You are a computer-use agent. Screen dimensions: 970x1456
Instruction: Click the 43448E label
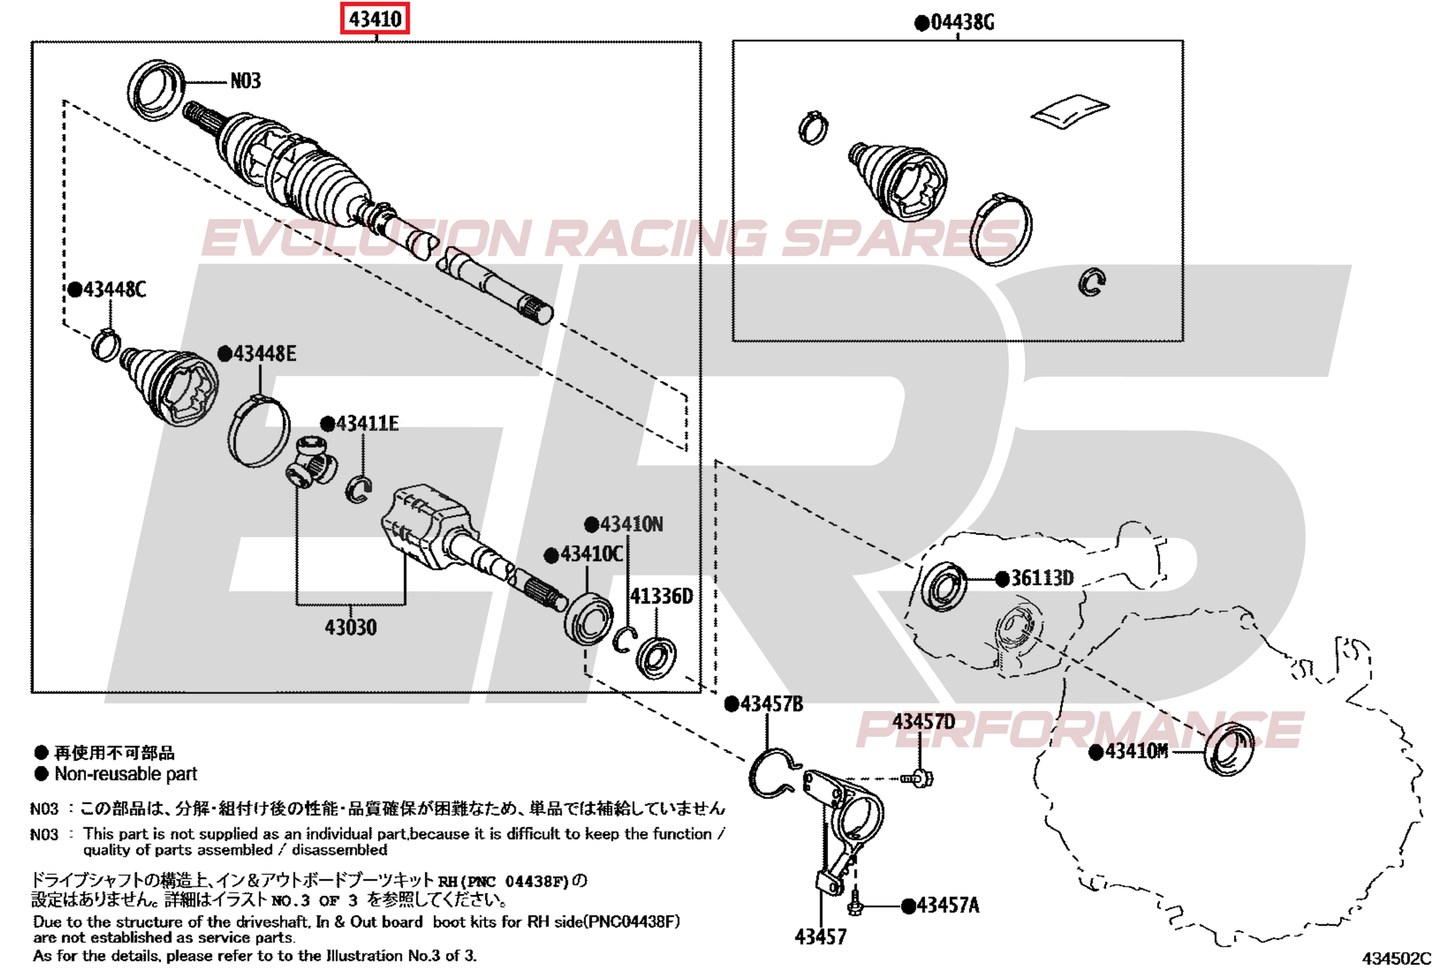(x=264, y=354)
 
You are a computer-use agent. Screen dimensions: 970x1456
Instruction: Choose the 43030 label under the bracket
(x=350, y=627)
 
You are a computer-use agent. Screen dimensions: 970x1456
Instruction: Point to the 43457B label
(x=771, y=704)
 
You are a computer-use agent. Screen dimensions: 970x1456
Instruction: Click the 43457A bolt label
(x=948, y=906)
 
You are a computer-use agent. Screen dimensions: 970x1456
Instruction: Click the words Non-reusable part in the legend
(x=126, y=774)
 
